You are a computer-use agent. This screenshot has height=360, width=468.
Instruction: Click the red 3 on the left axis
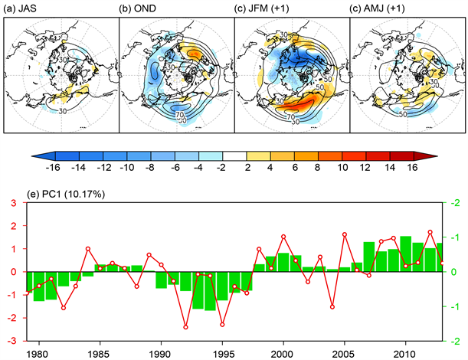14,202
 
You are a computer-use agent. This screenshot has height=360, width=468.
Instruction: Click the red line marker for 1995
222,325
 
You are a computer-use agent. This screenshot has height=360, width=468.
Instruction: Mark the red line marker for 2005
345,234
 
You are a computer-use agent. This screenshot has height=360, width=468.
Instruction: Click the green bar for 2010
406,254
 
